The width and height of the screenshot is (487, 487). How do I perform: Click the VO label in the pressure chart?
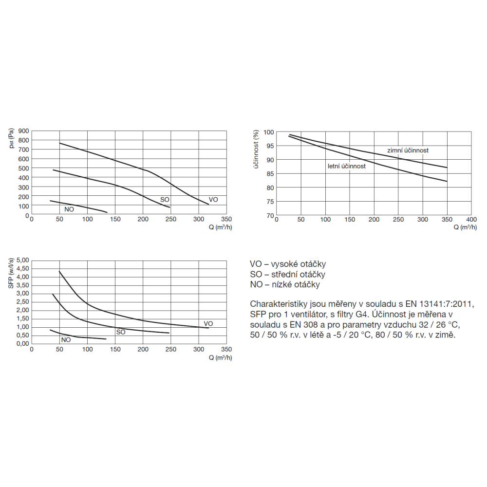click(213, 200)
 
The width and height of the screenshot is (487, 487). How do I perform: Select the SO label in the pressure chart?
click(165, 200)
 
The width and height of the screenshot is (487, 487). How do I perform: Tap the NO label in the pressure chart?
click(69, 209)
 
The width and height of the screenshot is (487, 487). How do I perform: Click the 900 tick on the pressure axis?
click(23, 131)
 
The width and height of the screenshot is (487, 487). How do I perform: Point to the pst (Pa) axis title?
click(12, 138)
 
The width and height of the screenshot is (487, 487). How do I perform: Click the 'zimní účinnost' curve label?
click(408, 150)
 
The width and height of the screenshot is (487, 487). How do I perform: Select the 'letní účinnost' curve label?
click(346, 166)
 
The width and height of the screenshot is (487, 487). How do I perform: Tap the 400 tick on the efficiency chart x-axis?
click(471, 220)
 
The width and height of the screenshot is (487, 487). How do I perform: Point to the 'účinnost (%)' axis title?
click(255, 150)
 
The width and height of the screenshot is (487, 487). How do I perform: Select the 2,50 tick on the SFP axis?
click(22, 302)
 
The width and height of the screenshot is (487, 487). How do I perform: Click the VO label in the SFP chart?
click(208, 323)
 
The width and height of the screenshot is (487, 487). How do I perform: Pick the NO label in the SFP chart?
click(66, 339)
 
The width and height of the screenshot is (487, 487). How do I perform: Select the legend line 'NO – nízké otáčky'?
click(285, 285)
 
